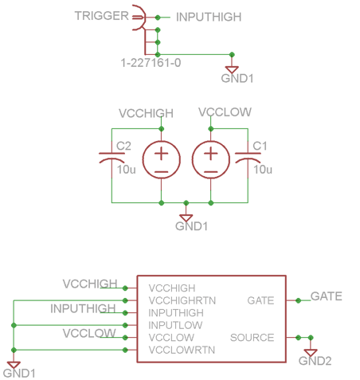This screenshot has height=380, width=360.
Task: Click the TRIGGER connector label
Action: pyautogui.click(x=102, y=16)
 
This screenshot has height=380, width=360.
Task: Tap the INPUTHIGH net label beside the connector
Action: pyautogui.click(x=209, y=17)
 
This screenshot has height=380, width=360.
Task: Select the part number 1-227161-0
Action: pyautogui.click(x=151, y=63)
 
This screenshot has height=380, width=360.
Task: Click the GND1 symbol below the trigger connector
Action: pyautogui.click(x=232, y=69)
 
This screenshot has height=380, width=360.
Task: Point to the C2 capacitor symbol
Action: pyautogui.click(x=112, y=158)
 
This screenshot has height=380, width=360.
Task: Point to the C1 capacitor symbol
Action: pyautogui.click(x=248, y=158)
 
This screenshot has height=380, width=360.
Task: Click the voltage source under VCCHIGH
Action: pyautogui.click(x=162, y=160)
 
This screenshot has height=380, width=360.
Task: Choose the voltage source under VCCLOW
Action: pyautogui.click(x=211, y=160)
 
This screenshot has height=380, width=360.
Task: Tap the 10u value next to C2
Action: pyautogui.click(x=127, y=170)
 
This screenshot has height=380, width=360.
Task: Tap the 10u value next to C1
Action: pyautogui.click(x=263, y=170)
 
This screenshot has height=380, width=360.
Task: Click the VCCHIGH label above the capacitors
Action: pyautogui.click(x=146, y=113)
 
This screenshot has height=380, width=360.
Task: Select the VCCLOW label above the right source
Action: pyautogui.click(x=225, y=112)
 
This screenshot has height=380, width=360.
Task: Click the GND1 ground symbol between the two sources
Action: pyautogui.click(x=186, y=218)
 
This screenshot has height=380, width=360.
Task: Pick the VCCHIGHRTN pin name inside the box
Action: pyautogui.click(x=182, y=300)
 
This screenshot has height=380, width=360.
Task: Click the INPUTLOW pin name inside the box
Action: pyautogui.click(x=175, y=325)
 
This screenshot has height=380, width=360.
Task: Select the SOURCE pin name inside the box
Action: pyautogui.click(x=252, y=338)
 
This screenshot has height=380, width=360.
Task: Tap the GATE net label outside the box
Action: pyautogui.click(x=327, y=296)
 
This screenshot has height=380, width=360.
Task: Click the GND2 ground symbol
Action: pyautogui.click(x=311, y=353)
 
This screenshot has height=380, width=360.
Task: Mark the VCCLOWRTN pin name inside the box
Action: pyautogui.click(x=182, y=350)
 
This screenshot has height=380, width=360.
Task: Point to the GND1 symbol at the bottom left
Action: pyautogui.click(x=14, y=365)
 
